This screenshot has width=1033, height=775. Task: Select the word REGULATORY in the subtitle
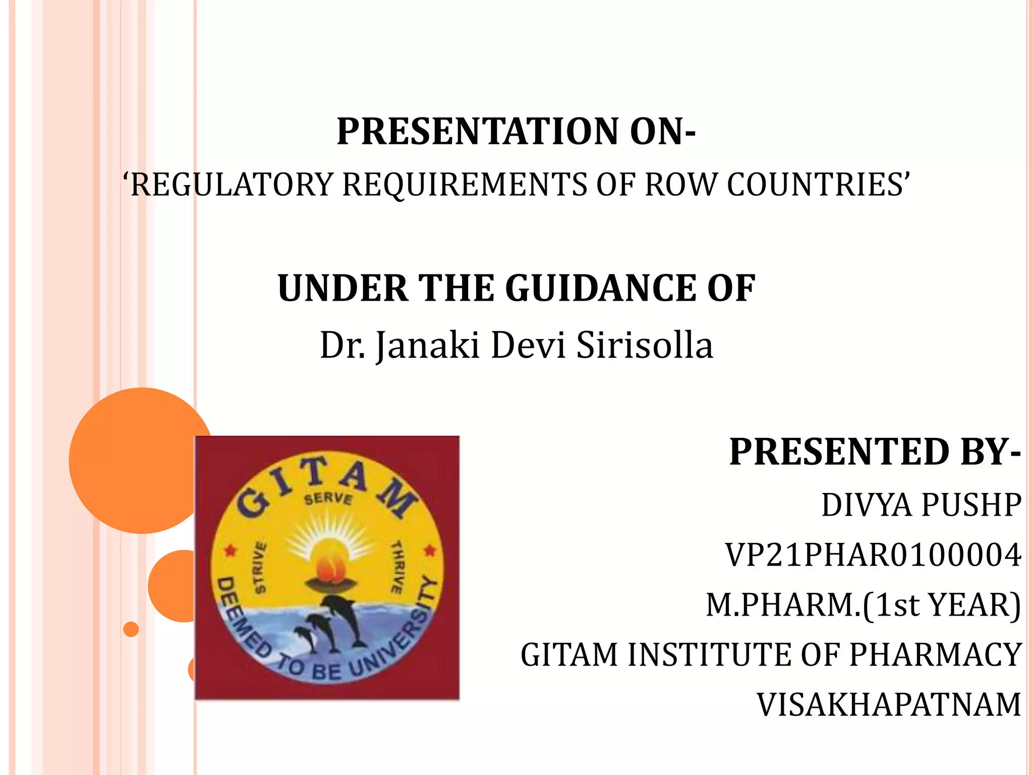pos(232,185)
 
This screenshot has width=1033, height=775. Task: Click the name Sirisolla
pos(645,346)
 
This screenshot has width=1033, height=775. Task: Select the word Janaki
pos(428,346)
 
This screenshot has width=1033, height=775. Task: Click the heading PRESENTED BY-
pos(875,452)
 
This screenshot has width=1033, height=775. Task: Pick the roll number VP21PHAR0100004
pos(873,556)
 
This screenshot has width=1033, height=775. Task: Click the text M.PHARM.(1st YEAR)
pos(863,605)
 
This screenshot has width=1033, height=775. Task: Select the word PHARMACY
pos(936,655)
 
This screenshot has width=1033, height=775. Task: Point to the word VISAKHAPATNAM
pos(889,705)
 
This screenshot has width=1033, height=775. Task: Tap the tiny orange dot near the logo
pos(131,629)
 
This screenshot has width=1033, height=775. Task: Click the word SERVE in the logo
pos(328,499)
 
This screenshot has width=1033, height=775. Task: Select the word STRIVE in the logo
pos(260,568)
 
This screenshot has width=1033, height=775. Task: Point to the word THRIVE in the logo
pos(397,567)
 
